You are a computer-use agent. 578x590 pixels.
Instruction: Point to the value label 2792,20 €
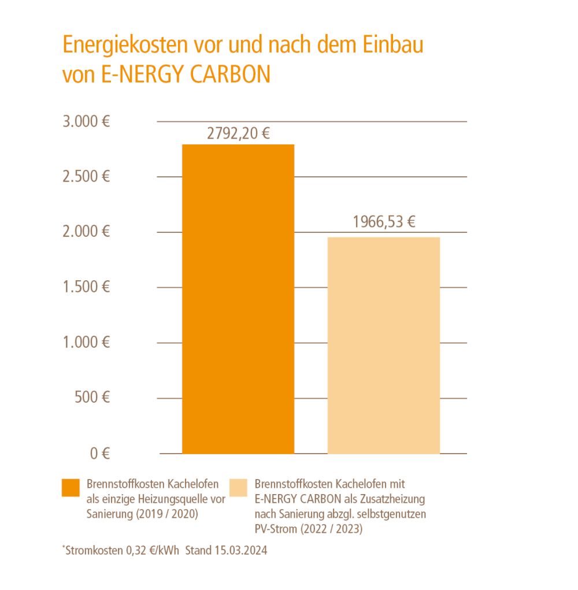pyautogui.click(x=239, y=134)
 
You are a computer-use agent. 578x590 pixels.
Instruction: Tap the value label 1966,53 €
pyautogui.click(x=384, y=222)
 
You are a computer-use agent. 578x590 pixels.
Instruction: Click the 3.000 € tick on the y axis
pyautogui.click(x=86, y=122)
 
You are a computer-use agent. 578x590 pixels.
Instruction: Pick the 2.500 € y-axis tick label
pyautogui.click(x=86, y=177)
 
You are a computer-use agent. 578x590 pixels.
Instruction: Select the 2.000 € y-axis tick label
pyautogui.click(x=86, y=232)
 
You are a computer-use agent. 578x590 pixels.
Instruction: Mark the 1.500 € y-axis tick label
pyautogui.click(x=86, y=287)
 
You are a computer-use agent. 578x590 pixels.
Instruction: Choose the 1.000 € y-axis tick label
pyautogui.click(x=86, y=343)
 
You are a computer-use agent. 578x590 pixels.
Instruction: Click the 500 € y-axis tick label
pyautogui.click(x=92, y=398)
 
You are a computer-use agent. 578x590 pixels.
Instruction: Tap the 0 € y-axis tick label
pyautogui.click(x=99, y=454)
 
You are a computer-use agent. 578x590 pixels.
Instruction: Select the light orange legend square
pyautogui.click(x=238, y=488)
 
